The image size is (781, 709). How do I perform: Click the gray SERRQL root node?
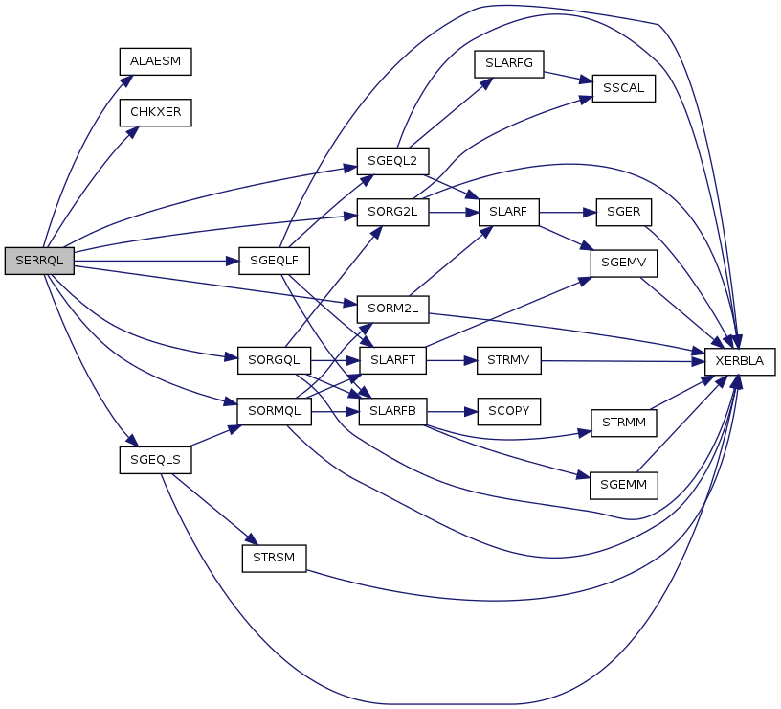pos(39,261)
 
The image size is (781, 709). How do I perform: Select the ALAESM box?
pos(155,62)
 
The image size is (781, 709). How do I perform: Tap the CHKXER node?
pos(155,113)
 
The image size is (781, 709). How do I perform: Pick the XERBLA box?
pos(740,361)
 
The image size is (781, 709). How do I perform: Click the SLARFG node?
pos(508,64)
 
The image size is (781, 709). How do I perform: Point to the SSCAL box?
pos(624,88)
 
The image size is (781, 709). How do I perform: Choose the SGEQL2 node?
pos(392,161)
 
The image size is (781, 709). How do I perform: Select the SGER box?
pos(624,212)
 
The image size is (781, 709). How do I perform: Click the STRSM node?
pos(274,559)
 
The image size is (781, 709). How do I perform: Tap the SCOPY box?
pos(508,411)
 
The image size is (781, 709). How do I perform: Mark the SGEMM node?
pos(624,486)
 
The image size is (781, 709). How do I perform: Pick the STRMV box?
pos(508,360)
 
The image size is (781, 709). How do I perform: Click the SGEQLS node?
pos(155,460)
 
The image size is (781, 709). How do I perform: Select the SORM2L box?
pos(392,309)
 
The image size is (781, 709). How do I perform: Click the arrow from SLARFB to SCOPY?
pos(452,412)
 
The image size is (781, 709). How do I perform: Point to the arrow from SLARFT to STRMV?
pos(451,360)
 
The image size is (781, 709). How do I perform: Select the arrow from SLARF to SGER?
pos(568,213)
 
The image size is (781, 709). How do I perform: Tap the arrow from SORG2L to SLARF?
pos(454,213)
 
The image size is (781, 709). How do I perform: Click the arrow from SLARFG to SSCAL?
pos(568,77)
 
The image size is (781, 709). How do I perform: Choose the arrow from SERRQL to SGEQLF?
pos(156,261)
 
